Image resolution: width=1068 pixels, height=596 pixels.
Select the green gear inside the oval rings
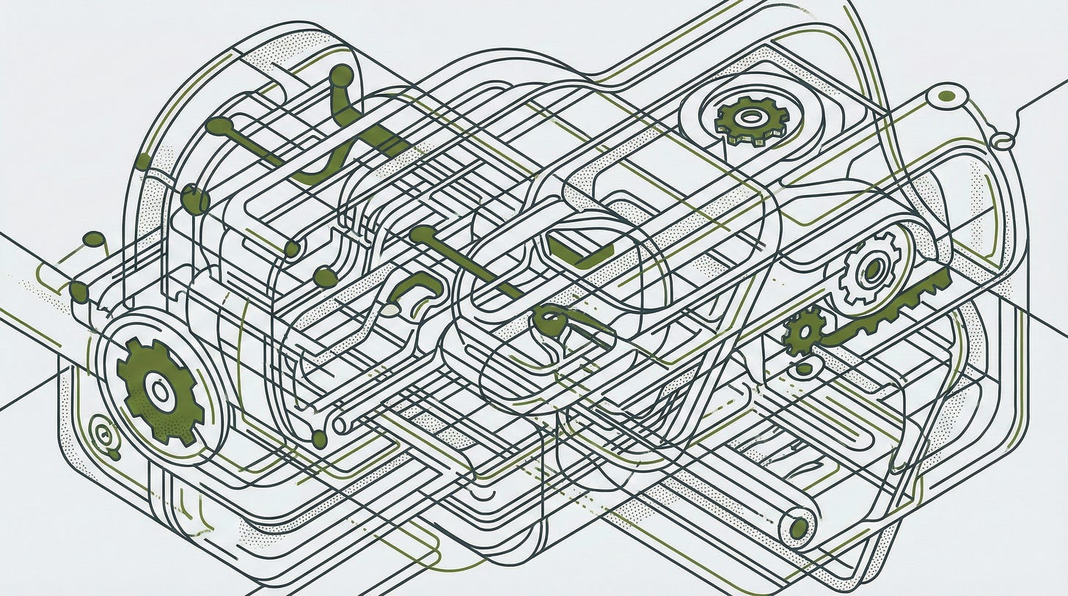pyautogui.click(x=750, y=117)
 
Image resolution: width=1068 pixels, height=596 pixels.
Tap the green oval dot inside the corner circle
pyautogui.click(x=947, y=96)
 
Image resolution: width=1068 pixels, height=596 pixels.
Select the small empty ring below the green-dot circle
pyautogui.click(x=1002, y=139)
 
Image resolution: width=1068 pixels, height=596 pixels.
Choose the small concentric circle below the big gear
pyautogui.click(x=103, y=433)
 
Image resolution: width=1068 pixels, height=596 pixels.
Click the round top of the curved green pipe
pyautogui.click(x=341, y=76)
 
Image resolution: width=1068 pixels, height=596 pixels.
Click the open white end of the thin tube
pyautogui.click(x=340, y=424)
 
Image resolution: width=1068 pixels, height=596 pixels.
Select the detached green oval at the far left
pyautogui.click(x=94, y=239)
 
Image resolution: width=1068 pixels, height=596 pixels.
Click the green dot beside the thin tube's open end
pyautogui.click(x=319, y=439)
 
